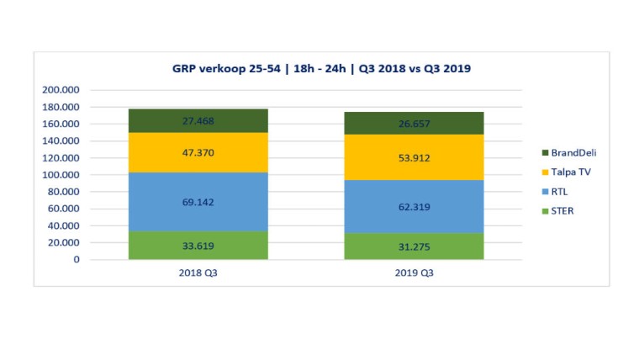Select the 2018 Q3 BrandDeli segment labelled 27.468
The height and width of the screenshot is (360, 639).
[x=198, y=121]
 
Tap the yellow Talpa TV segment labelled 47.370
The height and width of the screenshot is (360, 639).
[x=198, y=153]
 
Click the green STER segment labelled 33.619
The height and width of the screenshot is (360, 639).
[x=198, y=245]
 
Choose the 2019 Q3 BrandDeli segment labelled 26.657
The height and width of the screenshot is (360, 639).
[x=415, y=124]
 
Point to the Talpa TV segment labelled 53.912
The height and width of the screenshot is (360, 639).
[x=415, y=157]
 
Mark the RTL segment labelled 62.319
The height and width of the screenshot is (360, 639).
[x=415, y=206]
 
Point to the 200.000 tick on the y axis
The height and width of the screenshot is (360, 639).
[x=61, y=90]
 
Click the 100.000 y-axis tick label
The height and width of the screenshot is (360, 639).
[x=61, y=175]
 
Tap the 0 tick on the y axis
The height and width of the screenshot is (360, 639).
[x=75, y=259]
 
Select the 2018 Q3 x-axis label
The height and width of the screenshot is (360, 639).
[x=198, y=273]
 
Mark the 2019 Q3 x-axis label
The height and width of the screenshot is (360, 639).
[x=415, y=273]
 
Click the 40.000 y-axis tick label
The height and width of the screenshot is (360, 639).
[x=64, y=225]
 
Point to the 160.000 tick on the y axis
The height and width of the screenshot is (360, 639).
[x=61, y=124]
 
